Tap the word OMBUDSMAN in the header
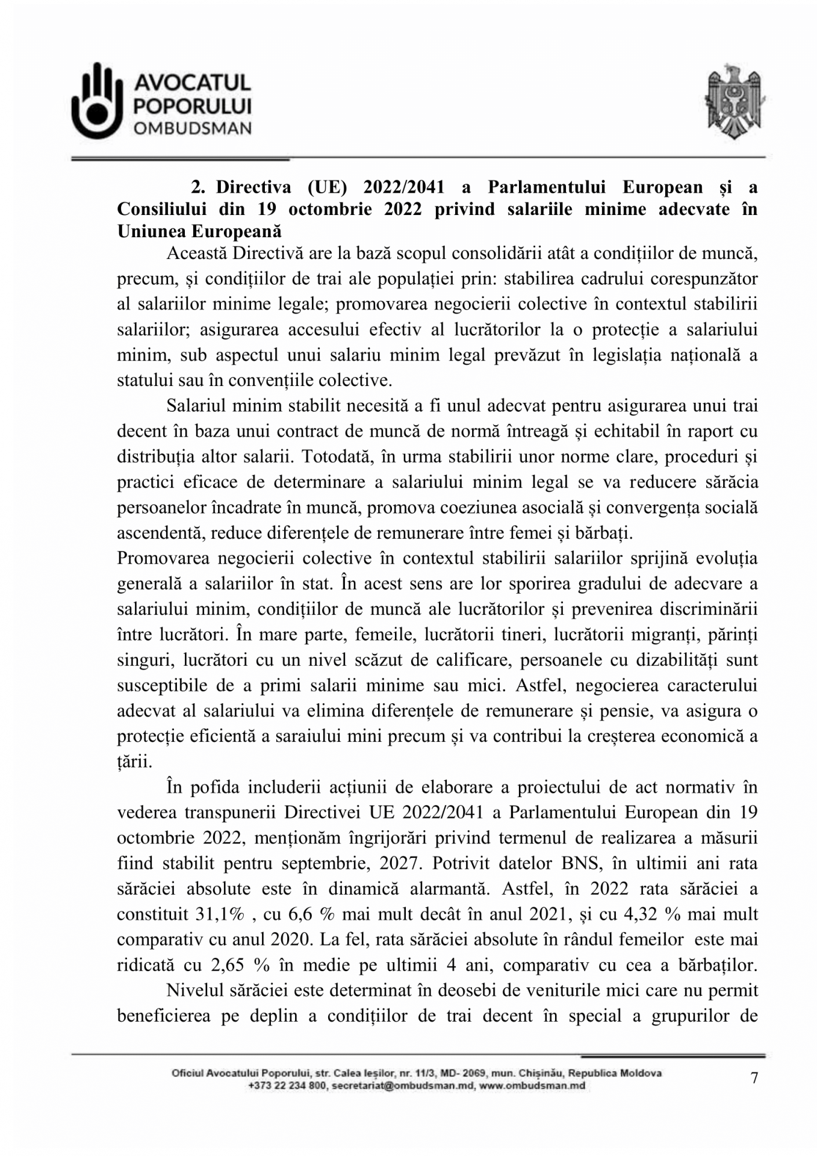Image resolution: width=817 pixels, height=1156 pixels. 192,128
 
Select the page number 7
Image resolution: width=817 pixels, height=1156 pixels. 754,1078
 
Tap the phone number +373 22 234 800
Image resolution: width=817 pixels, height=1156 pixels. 287,1086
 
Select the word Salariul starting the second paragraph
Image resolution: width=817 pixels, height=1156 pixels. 193,405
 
